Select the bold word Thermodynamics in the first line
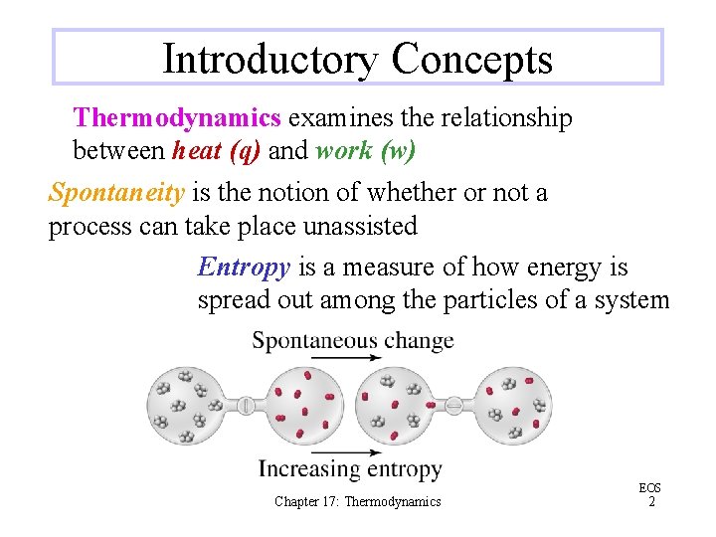pyautogui.click(x=177, y=118)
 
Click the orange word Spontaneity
pyautogui.click(x=115, y=192)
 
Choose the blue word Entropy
pyautogui.click(x=244, y=267)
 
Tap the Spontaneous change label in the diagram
pyautogui.click(x=353, y=341)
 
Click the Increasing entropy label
pyautogui.click(x=350, y=468)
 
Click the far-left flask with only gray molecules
pyautogui.click(x=190, y=406)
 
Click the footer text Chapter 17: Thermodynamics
pyautogui.click(x=358, y=502)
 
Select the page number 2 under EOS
pyautogui.click(x=650, y=502)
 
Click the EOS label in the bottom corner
pyautogui.click(x=649, y=488)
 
